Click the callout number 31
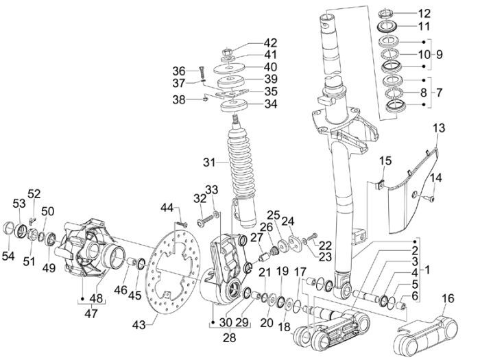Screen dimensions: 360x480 pyautogui.click(x=209, y=163)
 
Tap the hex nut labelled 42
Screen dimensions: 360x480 pyautogui.click(x=228, y=51)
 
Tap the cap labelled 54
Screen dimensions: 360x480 pyautogui.click(x=11, y=227)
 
